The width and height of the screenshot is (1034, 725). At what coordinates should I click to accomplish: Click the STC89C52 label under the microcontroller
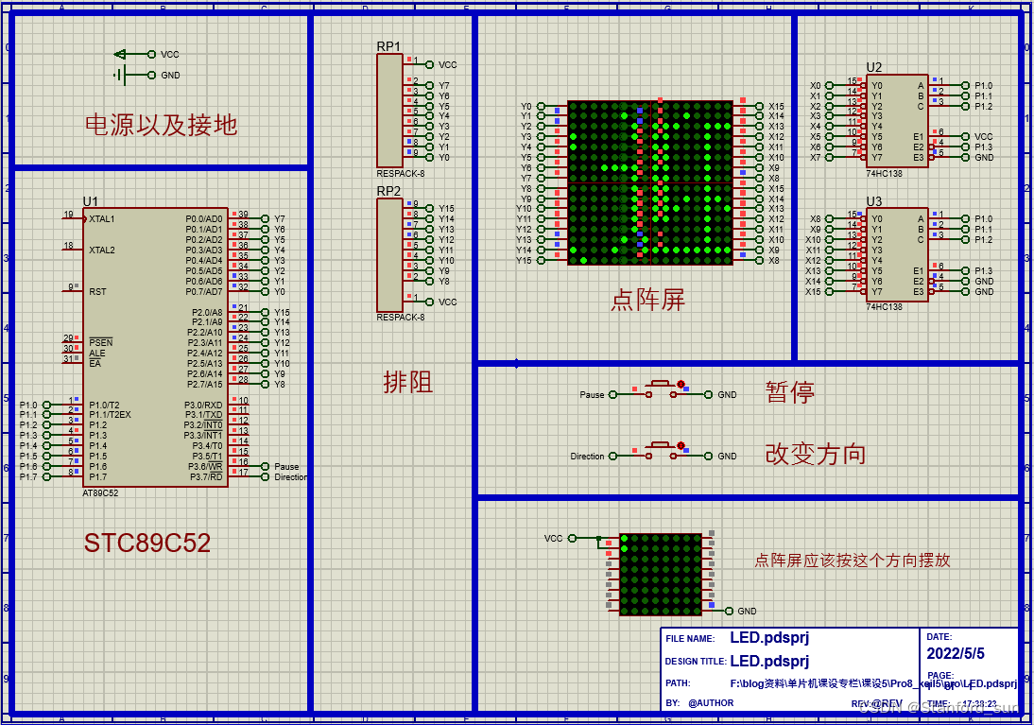(146, 543)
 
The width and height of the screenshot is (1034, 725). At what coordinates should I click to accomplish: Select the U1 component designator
(91, 201)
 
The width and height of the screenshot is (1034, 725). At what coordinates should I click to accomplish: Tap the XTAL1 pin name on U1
(101, 218)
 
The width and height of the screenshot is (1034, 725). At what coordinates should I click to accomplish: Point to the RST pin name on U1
(97, 292)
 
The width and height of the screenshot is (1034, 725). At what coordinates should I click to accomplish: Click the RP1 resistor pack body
(389, 109)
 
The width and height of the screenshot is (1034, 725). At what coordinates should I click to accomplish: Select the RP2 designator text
(388, 191)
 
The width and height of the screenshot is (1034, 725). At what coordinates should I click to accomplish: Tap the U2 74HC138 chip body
(896, 121)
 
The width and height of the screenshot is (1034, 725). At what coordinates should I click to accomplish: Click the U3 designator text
(874, 201)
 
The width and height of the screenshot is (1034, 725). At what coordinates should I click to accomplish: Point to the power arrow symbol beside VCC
(120, 55)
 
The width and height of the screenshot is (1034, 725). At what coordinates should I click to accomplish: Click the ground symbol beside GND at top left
(120, 75)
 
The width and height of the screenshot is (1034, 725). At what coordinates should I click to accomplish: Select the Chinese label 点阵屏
(647, 301)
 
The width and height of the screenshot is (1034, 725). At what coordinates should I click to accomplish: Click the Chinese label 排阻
(408, 382)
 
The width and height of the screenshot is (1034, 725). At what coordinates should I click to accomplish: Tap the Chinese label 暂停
(789, 392)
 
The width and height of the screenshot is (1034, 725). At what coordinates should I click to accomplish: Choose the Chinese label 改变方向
(815, 454)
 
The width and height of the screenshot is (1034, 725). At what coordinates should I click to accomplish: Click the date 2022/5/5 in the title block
(956, 653)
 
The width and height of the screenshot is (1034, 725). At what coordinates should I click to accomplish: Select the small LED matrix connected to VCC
(661, 574)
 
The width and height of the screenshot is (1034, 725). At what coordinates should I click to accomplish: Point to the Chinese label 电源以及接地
(161, 125)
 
